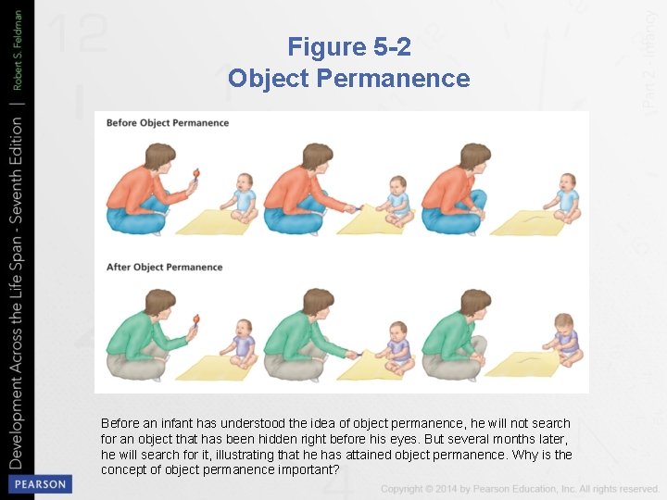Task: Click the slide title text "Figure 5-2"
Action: click(349, 46)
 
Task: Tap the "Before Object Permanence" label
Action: click(168, 122)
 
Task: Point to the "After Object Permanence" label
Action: click(165, 268)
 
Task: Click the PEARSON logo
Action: click(38, 484)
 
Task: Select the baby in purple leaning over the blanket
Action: click(565, 338)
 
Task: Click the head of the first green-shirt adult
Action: click(158, 303)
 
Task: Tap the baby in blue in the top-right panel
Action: click(566, 197)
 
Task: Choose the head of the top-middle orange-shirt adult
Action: click(317, 156)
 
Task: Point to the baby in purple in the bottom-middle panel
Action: click(399, 344)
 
